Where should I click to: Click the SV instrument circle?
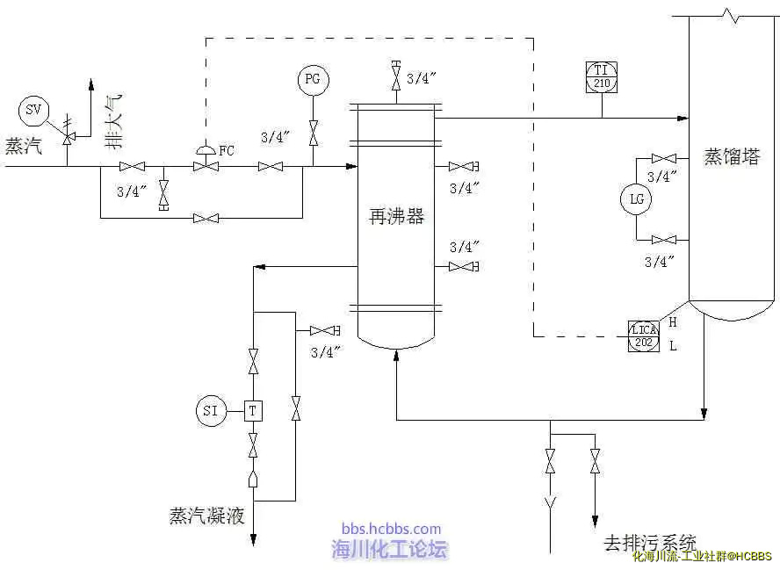tap(33, 110)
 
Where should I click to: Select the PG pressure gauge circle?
tap(313, 80)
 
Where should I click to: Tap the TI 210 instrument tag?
tap(602, 76)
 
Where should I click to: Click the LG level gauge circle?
tap(637, 199)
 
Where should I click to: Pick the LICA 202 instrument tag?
tap(644, 336)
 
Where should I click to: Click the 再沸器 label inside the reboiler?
tap(396, 217)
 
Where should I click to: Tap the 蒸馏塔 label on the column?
tap(732, 158)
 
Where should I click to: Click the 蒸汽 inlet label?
tap(23, 146)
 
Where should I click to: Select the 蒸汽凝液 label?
tap(206, 516)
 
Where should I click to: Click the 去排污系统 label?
tap(650, 543)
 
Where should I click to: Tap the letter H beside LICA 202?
tap(673, 322)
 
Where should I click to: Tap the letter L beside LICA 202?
tap(673, 346)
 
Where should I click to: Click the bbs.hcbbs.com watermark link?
tap(391, 529)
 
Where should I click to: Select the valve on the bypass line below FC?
tap(206, 218)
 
